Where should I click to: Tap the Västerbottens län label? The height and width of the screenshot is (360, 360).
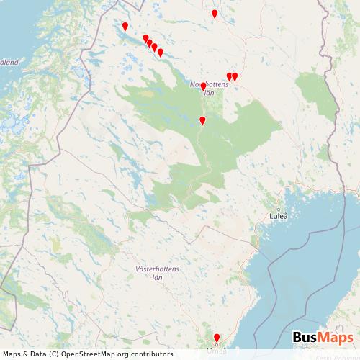pos(158,273)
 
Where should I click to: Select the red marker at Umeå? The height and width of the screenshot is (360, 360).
pos(217,338)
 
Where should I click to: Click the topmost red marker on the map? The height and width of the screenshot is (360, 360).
pos(215,14)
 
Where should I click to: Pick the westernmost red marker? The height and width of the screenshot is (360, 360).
pos(125,27)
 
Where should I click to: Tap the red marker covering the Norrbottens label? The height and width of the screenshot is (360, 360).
pos(203,86)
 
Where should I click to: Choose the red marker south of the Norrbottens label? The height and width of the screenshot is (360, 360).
pos(202,120)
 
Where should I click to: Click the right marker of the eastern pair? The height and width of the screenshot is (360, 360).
pos(235,76)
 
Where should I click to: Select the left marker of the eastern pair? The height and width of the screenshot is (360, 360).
pos(230,76)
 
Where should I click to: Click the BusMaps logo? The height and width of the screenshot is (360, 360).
pos(323,338)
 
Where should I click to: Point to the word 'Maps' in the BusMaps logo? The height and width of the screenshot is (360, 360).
pos(337,338)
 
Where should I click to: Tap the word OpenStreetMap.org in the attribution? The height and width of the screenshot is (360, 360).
pos(96,354)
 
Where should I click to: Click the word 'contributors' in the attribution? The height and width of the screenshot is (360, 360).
pos(151,354)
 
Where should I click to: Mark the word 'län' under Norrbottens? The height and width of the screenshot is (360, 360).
pos(210,93)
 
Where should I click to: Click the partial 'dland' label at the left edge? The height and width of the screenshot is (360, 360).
pos(9,62)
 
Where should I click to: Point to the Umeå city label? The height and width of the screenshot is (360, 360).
pos(216,351)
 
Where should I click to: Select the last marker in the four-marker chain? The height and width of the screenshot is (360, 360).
pos(161,53)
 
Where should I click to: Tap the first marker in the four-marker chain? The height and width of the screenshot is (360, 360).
pos(146,39)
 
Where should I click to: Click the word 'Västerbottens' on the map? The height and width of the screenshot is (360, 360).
pos(158,269)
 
